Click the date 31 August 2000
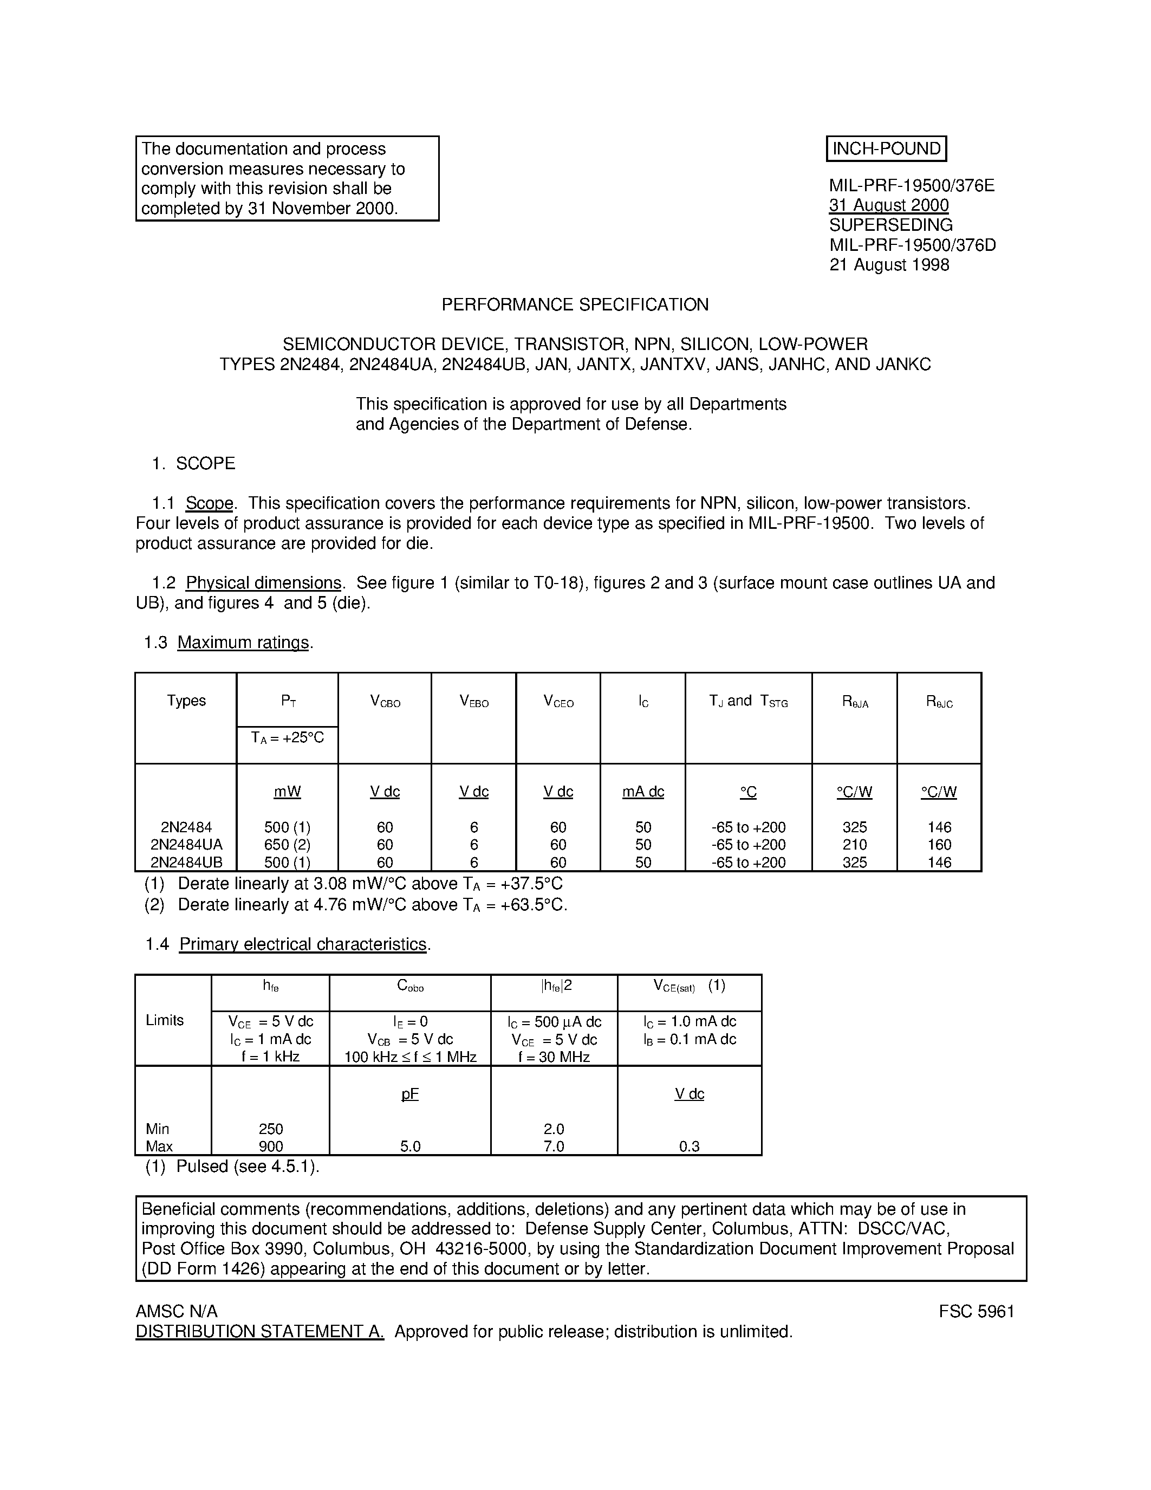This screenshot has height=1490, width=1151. pyautogui.click(x=888, y=205)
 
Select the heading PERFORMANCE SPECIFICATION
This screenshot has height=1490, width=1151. pyautogui.click(x=575, y=305)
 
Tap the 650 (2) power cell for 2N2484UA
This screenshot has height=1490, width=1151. pyautogui.click(x=287, y=845)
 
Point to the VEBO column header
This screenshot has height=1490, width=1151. pyautogui.click(x=474, y=701)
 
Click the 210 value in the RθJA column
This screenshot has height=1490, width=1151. pyautogui.click(x=854, y=845)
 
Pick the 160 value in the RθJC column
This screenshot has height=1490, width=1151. pyautogui.click(x=939, y=845)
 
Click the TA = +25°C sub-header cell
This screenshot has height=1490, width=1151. pyautogui.click(x=287, y=737)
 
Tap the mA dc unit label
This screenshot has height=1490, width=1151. pyautogui.click(x=643, y=792)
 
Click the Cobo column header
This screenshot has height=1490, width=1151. pyautogui.click(x=410, y=986)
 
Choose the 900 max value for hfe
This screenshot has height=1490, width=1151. pyautogui.click(x=271, y=1146)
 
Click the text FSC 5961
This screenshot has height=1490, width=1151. pyautogui.click(x=977, y=1311)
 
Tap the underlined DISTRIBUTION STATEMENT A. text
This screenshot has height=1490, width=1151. pyautogui.click(x=260, y=1331)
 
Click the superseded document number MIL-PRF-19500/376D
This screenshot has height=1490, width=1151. pyautogui.click(x=912, y=245)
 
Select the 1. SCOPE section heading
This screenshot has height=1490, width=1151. pyautogui.click(x=194, y=464)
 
